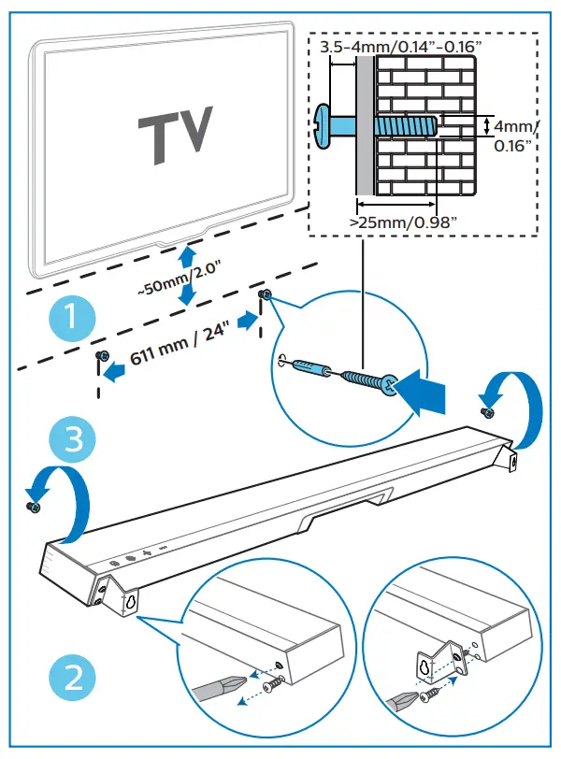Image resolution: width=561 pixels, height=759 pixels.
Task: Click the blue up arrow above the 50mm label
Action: (187, 255)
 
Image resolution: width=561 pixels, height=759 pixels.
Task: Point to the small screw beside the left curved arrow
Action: (34, 506)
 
